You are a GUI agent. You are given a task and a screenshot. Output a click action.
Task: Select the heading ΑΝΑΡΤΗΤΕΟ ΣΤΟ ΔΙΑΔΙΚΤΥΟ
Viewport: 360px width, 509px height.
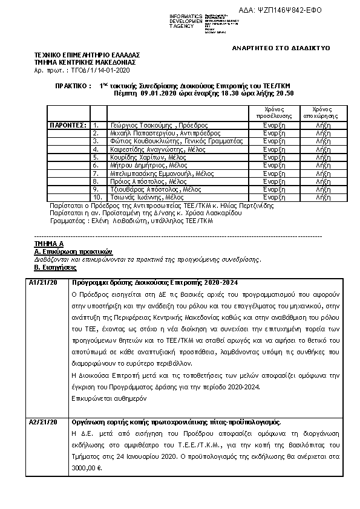(x=281, y=47)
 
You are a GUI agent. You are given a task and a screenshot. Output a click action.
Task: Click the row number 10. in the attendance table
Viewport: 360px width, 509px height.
(x=97, y=196)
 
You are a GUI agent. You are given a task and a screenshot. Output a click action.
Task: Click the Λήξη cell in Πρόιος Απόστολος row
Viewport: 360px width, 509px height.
(x=316, y=181)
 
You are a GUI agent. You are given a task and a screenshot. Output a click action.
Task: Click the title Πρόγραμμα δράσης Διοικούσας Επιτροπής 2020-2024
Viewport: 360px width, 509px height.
(x=155, y=283)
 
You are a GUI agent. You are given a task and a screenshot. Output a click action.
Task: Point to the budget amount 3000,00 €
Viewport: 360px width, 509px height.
(x=86, y=468)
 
